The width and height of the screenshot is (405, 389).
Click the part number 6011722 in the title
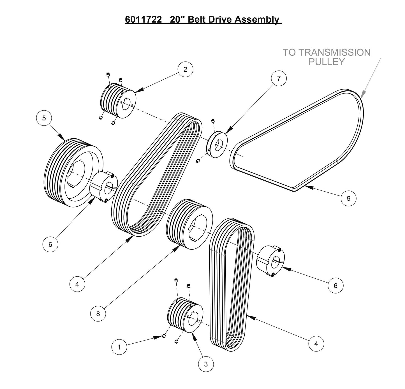[143, 20]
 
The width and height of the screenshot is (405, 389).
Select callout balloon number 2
[185, 69]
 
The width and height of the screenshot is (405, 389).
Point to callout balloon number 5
[44, 118]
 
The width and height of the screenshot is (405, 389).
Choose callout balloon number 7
[279, 78]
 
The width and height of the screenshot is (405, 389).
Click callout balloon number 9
[348, 198]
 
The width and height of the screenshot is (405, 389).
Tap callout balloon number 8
[98, 314]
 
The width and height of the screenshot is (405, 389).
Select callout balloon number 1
[119, 347]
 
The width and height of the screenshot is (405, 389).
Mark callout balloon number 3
[206, 364]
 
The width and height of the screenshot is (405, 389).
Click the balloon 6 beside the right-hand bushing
[335, 286]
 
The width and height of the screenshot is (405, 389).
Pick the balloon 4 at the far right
[316, 344]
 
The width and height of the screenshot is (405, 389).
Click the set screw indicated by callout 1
[164, 336]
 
